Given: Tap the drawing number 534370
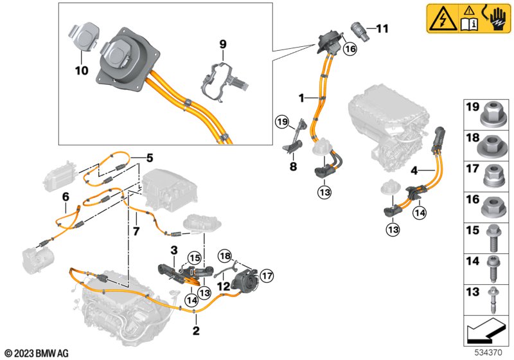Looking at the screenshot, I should (x=492, y=352).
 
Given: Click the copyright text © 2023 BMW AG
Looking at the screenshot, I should (x=36, y=353).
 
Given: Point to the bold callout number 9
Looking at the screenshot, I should (x=223, y=44).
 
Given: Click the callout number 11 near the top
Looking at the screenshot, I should (x=382, y=28).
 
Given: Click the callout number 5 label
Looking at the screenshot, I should (x=149, y=156).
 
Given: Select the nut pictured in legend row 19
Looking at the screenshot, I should (x=495, y=115).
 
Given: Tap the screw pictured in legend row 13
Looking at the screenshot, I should (x=495, y=299).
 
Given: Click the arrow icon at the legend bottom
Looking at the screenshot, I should (x=486, y=332).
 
